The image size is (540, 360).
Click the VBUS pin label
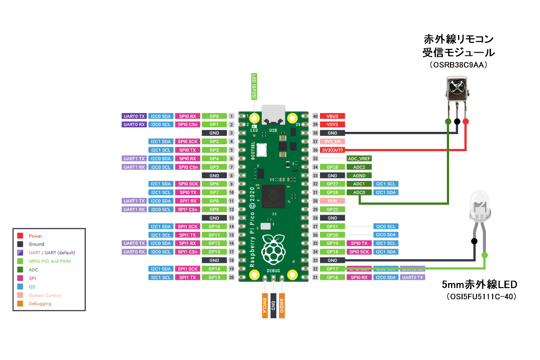click(x=332, y=116)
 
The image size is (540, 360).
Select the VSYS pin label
click(x=332, y=125)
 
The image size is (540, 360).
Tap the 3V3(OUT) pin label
click(x=332, y=150)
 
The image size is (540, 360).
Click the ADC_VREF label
click(x=359, y=158)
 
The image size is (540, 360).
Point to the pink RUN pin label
click(x=332, y=201)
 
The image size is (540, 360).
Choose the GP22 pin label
click(x=332, y=209)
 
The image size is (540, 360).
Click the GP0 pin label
click(x=214, y=116)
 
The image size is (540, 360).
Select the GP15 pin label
click(x=214, y=277)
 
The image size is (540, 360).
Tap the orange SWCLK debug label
click(x=265, y=306)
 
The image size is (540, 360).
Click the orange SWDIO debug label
click(x=282, y=306)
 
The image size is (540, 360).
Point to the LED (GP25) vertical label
click(x=254, y=86)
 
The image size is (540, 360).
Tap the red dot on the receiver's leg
click(x=465, y=121)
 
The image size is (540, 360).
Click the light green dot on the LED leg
click(x=485, y=255)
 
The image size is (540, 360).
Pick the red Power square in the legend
click(x=20, y=236)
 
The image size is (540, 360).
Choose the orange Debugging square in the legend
click(x=20, y=304)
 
